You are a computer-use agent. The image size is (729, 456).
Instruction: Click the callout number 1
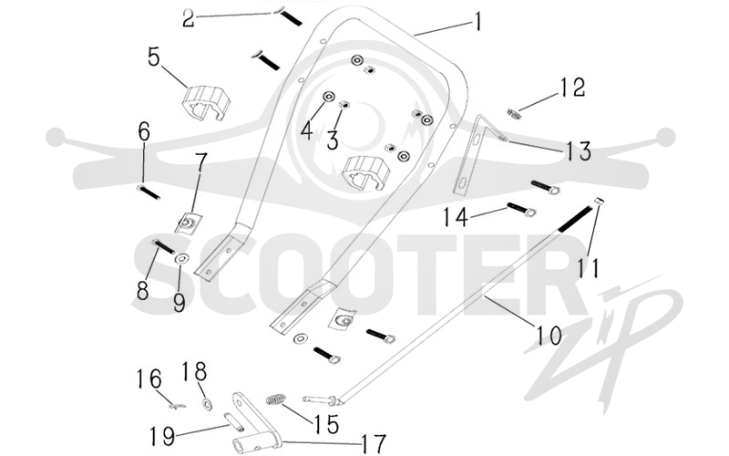(477, 22)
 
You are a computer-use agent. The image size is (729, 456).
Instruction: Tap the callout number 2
(188, 18)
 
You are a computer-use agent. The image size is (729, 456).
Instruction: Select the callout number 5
(154, 57)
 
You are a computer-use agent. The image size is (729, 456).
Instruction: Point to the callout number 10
(549, 336)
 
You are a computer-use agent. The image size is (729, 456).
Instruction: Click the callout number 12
(572, 88)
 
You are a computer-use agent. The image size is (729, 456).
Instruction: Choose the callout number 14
(455, 217)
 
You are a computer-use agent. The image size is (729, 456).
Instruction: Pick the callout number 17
(374, 443)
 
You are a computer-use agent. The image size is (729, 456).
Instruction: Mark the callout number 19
(162, 437)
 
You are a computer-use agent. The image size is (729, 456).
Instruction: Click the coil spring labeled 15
(276, 399)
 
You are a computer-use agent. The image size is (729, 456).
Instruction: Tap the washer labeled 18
(207, 403)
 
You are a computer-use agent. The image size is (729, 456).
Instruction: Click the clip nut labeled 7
(188, 222)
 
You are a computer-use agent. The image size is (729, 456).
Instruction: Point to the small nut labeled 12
(513, 113)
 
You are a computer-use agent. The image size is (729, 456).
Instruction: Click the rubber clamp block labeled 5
(206, 102)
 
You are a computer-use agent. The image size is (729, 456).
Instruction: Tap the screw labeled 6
(149, 192)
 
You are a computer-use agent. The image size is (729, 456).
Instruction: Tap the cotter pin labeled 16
(177, 406)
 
